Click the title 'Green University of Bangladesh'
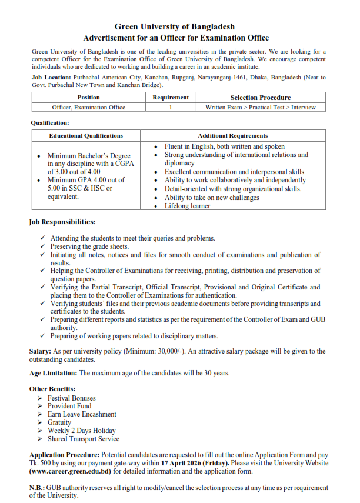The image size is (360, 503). (175, 26)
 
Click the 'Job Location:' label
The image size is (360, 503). (49, 77)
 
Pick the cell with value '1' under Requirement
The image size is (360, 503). (171, 107)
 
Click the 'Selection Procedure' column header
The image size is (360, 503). (260, 98)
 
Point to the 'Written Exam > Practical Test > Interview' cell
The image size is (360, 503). (260, 107)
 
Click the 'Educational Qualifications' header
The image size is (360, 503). (86, 135)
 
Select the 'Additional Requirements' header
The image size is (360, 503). (232, 135)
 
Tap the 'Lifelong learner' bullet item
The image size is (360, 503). (188, 206)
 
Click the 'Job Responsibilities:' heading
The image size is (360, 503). (62, 222)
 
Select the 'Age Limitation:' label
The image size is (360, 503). (54, 373)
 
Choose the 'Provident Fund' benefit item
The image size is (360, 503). (69, 406)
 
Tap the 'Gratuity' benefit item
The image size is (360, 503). (59, 422)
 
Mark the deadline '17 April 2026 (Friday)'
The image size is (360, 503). (204, 464)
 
